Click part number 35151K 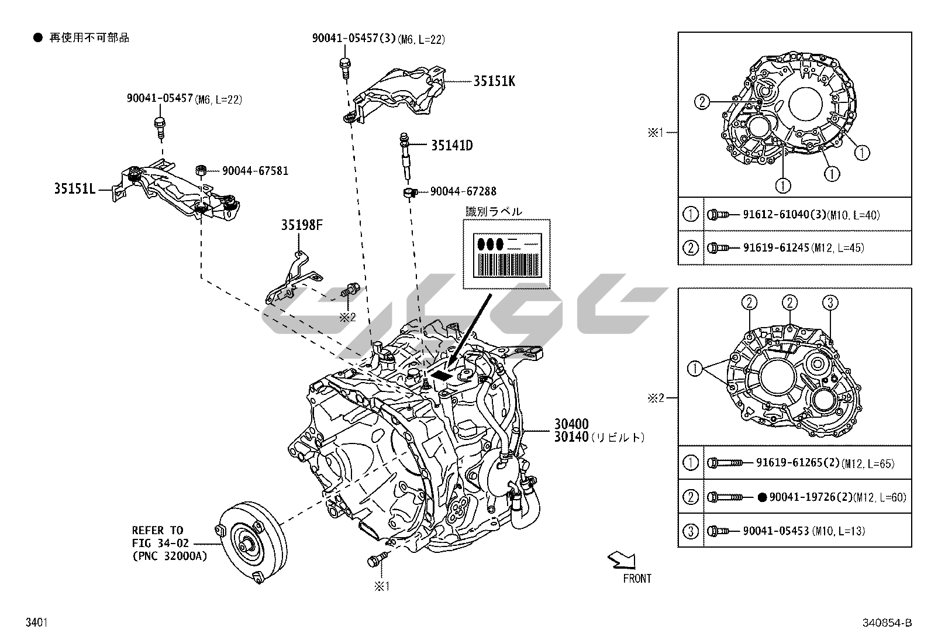[x=494, y=81]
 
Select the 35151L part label [x=75, y=189]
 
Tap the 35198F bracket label [x=302, y=225]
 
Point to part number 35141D [x=451, y=146]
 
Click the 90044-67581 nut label [x=255, y=171]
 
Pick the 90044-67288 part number [x=463, y=191]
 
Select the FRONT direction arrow [x=622, y=561]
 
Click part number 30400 [x=571, y=424]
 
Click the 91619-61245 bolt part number [x=776, y=247]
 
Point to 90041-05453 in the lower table [x=775, y=531]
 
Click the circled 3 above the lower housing [x=830, y=302]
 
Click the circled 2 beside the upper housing [x=702, y=102]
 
